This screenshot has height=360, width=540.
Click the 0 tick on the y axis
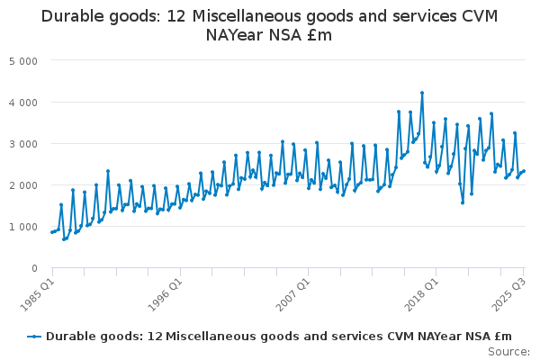(34, 268)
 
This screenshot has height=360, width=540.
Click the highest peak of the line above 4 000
(422, 93)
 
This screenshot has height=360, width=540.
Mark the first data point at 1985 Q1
(52, 232)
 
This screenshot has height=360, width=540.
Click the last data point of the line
(524, 171)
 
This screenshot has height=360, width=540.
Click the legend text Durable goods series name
(279, 337)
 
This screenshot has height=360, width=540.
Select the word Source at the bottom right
(509, 352)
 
